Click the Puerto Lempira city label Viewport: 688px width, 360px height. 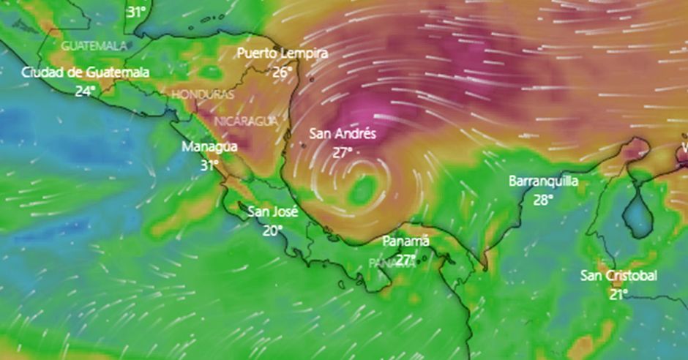pyautogui.click(x=282, y=53)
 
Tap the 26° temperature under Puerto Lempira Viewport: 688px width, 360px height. pyautogui.click(x=282, y=72)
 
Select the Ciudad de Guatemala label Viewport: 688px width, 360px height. pyautogui.click(x=86, y=72)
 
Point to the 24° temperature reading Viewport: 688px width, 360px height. pyautogui.click(x=85, y=91)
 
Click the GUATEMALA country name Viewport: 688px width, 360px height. pyautogui.click(x=94, y=45)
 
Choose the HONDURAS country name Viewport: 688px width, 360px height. pyautogui.click(x=203, y=95)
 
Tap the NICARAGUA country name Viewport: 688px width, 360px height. pyautogui.click(x=246, y=121)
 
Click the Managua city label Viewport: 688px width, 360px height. pyautogui.click(x=209, y=146)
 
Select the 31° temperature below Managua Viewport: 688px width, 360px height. pyautogui.click(x=209, y=165)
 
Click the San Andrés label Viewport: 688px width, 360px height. pyautogui.click(x=343, y=133)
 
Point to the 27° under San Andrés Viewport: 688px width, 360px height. pyautogui.click(x=343, y=151)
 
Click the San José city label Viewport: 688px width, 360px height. pyautogui.click(x=272, y=212)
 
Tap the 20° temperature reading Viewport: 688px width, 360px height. pyautogui.click(x=272, y=230)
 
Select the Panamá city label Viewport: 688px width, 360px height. pyautogui.click(x=406, y=241)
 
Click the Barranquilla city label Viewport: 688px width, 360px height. pyautogui.click(x=543, y=181)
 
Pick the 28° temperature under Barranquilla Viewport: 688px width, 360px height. pyautogui.click(x=543, y=199)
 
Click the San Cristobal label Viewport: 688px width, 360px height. pyautogui.click(x=618, y=275)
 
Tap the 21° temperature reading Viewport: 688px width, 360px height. pyautogui.click(x=618, y=293)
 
